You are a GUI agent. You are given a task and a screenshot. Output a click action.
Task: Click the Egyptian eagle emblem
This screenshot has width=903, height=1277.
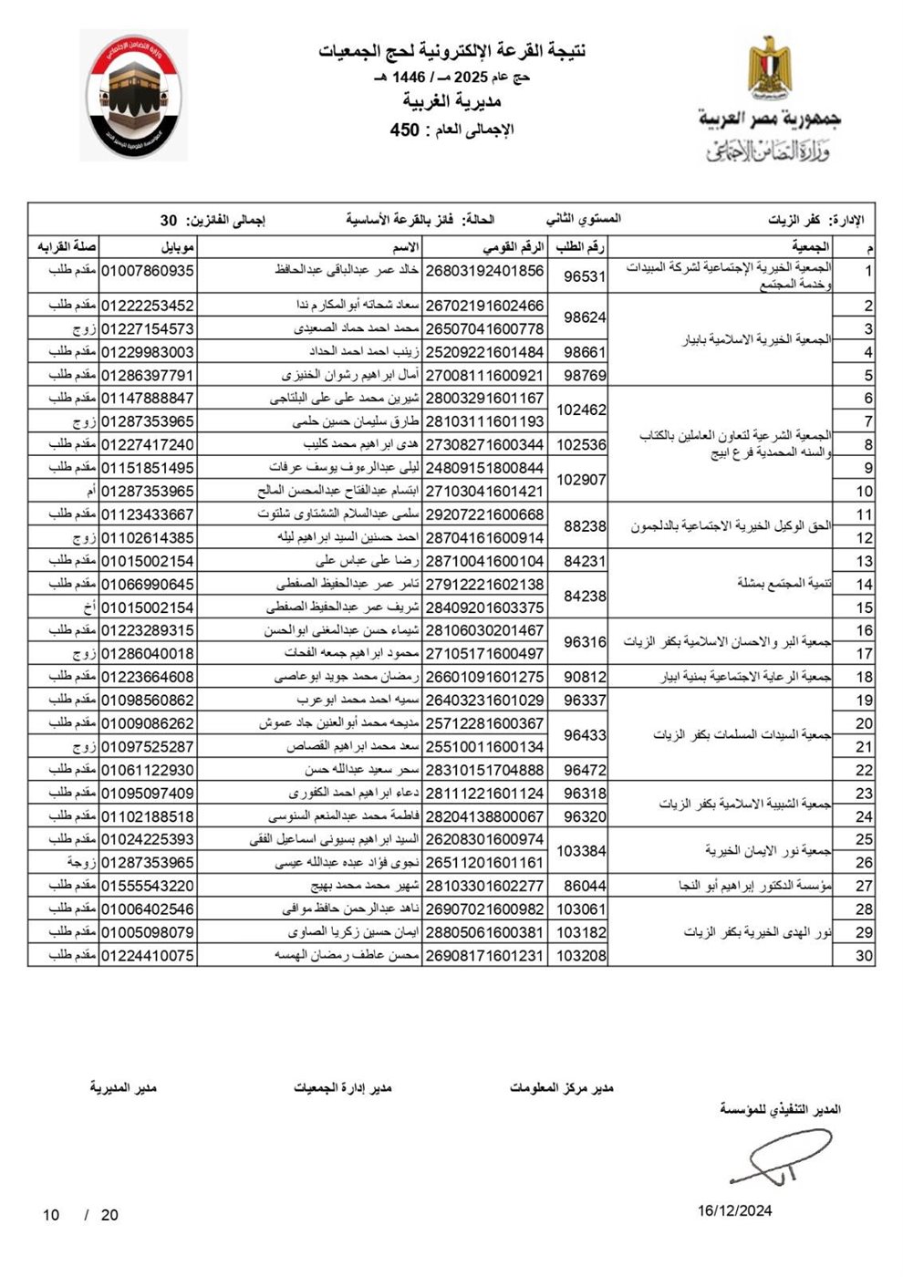tap(769, 67)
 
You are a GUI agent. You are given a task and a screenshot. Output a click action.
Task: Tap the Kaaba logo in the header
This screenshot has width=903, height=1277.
tap(134, 95)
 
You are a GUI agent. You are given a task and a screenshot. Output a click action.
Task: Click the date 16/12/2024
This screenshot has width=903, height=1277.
tap(734, 1210)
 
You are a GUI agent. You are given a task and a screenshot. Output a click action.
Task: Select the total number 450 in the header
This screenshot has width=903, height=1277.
tap(404, 130)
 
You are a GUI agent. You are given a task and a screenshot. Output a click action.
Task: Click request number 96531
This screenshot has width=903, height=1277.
tap(585, 275)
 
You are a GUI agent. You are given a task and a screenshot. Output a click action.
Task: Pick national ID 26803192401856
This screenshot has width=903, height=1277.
tap(484, 271)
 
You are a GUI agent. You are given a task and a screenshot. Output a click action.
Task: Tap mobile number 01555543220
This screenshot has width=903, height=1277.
tap(147, 886)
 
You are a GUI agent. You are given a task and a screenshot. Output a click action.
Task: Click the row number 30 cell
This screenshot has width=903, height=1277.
tap(863, 956)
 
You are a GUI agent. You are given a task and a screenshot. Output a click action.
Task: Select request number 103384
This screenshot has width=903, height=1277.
tap(581, 850)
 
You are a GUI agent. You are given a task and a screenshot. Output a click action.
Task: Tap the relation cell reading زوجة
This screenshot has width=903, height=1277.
tap(81, 862)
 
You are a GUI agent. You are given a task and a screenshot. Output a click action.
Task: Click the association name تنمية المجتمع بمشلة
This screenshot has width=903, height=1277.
tap(784, 584)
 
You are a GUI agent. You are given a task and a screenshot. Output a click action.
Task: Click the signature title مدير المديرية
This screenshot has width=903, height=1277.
tap(123, 1088)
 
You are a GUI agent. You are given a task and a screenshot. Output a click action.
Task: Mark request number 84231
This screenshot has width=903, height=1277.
tap(585, 561)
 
